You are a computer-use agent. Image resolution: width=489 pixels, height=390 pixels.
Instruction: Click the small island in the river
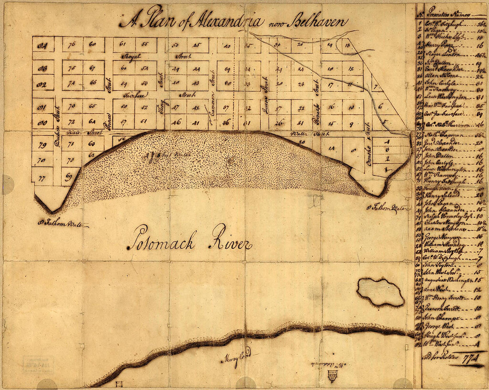pos(381,292)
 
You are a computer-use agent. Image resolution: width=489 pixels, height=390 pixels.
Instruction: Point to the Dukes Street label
pos(56,120)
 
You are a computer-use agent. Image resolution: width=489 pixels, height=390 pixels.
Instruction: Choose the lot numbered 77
pos(42,178)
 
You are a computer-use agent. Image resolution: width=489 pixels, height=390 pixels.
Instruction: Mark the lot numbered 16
pos(330,107)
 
